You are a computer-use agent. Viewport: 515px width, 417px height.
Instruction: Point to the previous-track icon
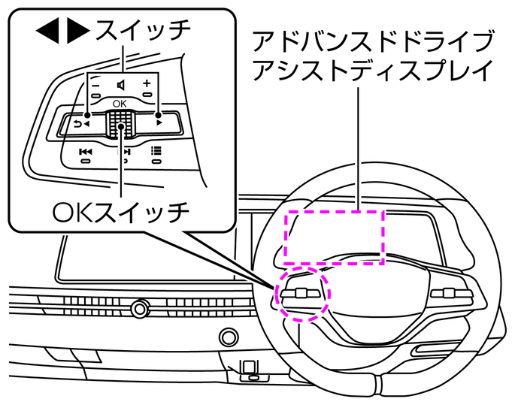tap(86, 151)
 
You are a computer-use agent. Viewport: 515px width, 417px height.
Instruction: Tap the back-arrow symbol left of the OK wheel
tap(80, 123)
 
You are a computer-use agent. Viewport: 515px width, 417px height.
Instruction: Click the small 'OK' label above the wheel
tap(120, 103)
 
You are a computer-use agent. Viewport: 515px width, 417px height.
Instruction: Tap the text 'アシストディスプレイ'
tap(374, 70)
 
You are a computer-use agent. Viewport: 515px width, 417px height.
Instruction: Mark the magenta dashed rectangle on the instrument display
tap(334, 237)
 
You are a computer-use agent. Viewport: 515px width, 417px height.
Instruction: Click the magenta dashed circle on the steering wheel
tap(303, 293)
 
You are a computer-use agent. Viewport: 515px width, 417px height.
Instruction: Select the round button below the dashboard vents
tap(225, 335)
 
